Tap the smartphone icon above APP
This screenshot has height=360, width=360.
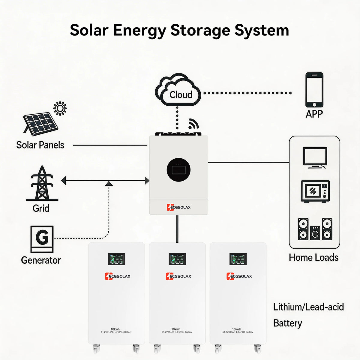pos(314,90)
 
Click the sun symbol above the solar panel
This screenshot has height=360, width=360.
pos(60,108)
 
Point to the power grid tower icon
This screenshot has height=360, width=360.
pos(42,184)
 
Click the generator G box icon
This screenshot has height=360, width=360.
pos(42,239)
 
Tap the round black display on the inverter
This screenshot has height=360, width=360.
pos(178,170)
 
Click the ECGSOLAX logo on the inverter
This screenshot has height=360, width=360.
pos(178,207)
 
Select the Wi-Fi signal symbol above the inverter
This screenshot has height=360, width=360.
pos(193,124)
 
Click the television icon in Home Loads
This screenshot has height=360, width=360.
pos(315,158)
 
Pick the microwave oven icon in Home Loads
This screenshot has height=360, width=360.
pos(315,191)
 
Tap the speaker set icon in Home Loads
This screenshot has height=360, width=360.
pos(315,229)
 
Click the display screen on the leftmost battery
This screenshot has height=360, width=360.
pos(116,259)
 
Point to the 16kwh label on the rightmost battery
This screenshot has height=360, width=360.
pos(236,329)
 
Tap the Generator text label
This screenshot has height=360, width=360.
pos(41,260)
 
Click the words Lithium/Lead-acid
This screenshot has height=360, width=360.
pos(308,307)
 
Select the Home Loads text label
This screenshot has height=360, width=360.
pos(313,257)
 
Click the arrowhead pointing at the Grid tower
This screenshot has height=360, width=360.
pos(64,181)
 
